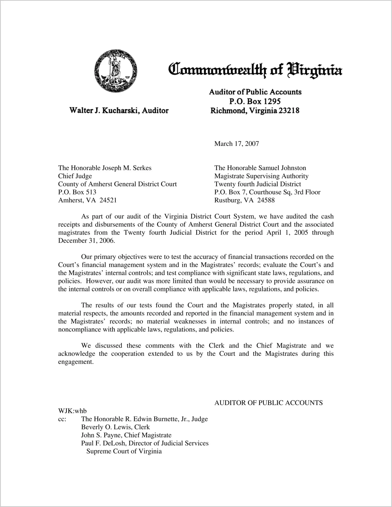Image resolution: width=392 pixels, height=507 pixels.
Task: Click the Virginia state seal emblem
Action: pos(116,70)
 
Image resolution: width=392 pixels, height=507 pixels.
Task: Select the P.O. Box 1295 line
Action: pos(255,101)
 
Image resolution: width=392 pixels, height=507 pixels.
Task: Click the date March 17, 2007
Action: pos(236,144)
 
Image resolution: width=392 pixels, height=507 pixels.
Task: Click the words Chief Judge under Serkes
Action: pos(75,176)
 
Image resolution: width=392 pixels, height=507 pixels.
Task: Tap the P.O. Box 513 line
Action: pos(77,192)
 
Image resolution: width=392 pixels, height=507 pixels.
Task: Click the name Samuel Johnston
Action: pos(282,168)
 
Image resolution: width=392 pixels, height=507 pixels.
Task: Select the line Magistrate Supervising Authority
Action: pos(261,176)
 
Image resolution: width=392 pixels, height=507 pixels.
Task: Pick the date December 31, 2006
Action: pos(86,241)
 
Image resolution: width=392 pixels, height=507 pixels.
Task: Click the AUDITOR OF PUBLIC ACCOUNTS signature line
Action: pos(268,403)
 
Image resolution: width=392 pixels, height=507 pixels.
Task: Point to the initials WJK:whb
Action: pos(72,411)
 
